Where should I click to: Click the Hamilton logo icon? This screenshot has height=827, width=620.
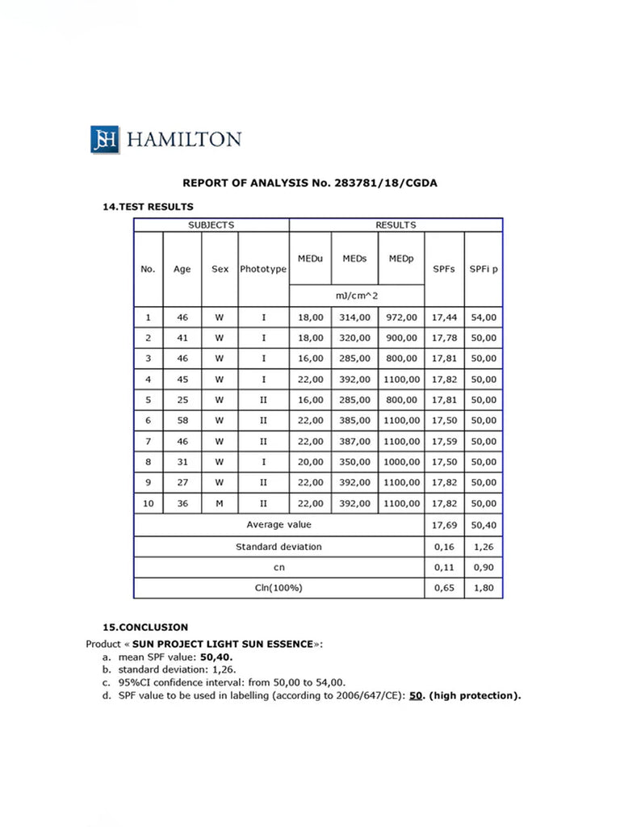pyautogui.click(x=105, y=139)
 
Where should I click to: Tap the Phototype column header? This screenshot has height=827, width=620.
pyautogui.click(x=263, y=269)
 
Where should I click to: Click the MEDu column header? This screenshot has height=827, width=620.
pyautogui.click(x=311, y=258)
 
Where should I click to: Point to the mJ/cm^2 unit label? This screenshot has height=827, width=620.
pyautogui.click(x=357, y=296)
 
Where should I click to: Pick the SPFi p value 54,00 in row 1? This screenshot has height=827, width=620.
pyautogui.click(x=484, y=317)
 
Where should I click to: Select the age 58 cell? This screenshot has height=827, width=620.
pyautogui.click(x=182, y=421)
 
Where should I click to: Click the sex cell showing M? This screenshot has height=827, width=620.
pyautogui.click(x=220, y=503)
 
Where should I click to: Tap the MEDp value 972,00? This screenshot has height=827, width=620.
pyautogui.click(x=402, y=317)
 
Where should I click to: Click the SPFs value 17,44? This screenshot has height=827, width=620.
pyautogui.click(x=444, y=317)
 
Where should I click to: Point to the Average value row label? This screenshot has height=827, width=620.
pyautogui.click(x=279, y=525)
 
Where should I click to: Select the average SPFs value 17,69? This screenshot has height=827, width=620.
pyautogui.click(x=444, y=525)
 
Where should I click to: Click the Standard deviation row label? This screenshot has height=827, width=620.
pyautogui.click(x=279, y=547)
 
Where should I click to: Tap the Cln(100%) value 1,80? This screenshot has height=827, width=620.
pyautogui.click(x=484, y=588)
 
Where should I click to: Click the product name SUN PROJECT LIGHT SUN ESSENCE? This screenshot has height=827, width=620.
pyautogui.click(x=222, y=644)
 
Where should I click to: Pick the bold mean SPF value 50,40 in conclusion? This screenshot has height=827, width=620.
pyautogui.click(x=217, y=657)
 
